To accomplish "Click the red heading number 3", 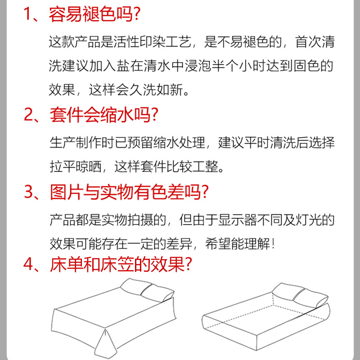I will point(30,193).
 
